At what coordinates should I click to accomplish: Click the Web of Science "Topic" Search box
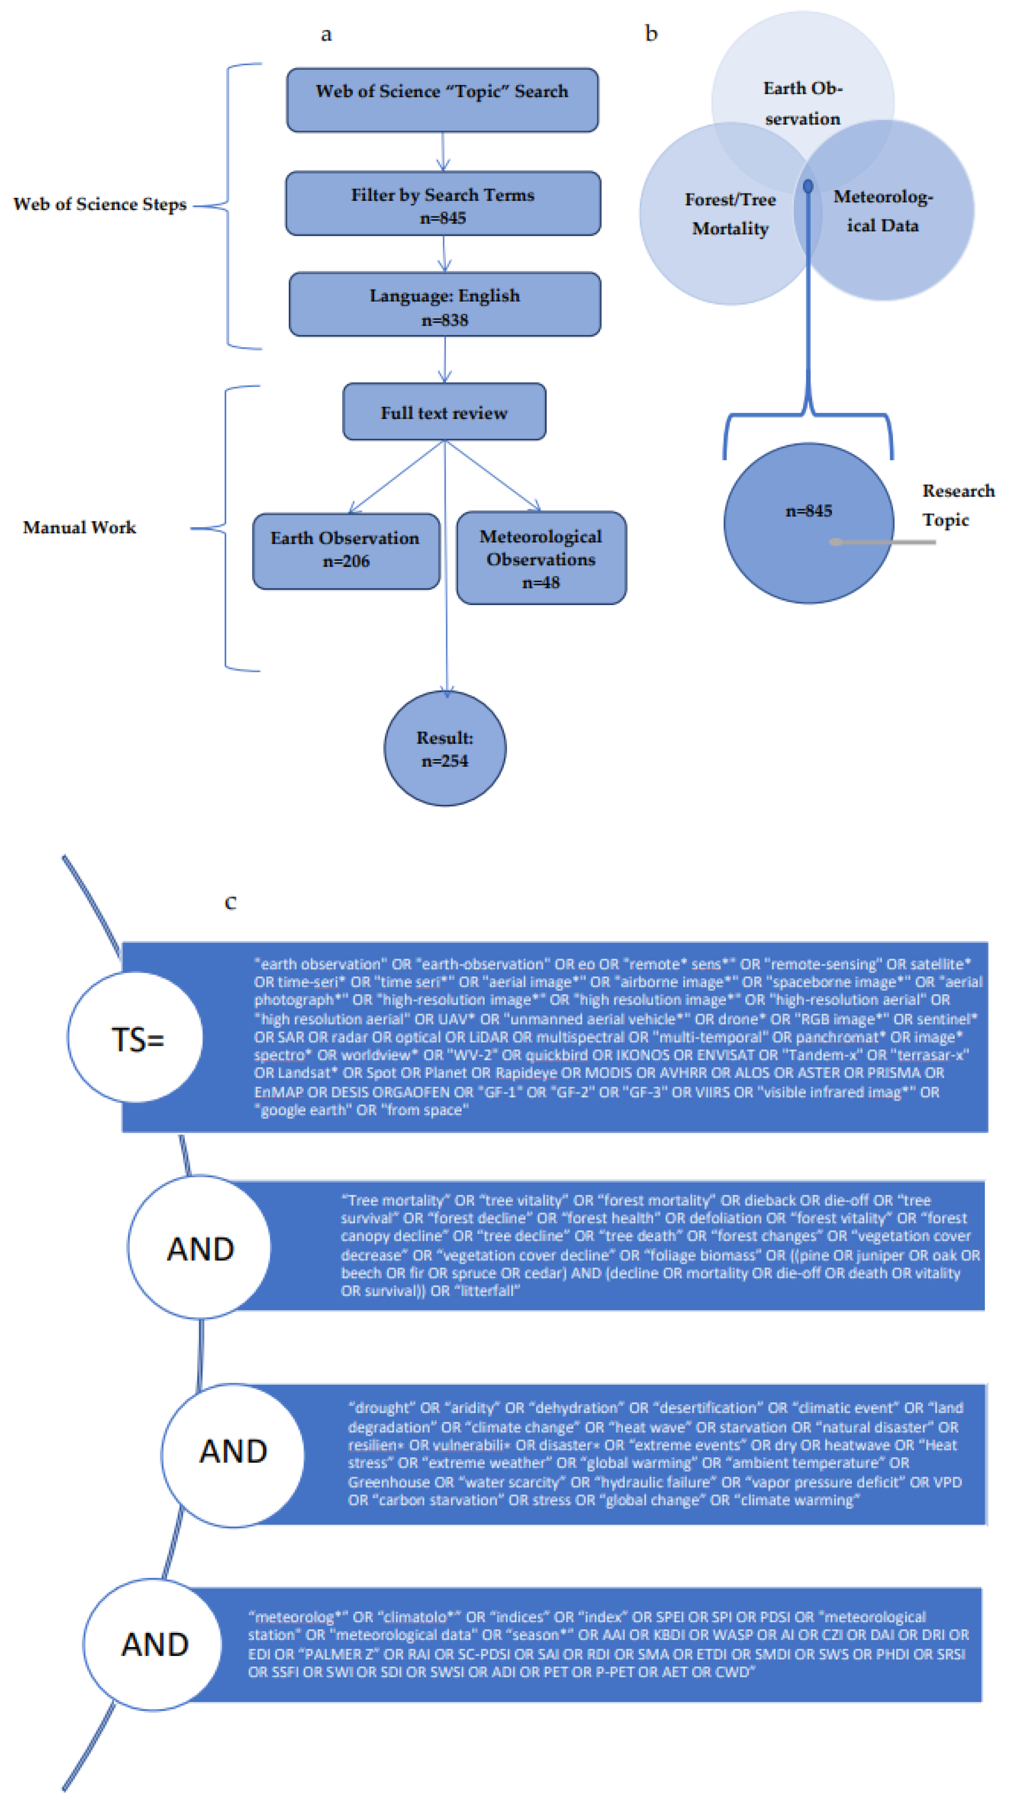click(442, 99)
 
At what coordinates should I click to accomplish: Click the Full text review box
click(443, 412)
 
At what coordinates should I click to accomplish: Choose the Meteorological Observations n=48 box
click(541, 558)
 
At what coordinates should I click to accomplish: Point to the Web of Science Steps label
click(100, 204)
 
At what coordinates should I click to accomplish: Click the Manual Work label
click(79, 527)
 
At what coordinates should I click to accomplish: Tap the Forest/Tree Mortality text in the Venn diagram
click(730, 214)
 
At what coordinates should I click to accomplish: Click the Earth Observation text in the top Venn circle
click(803, 103)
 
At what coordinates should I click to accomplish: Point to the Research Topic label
click(957, 505)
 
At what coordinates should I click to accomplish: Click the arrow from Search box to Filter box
click(443, 151)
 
